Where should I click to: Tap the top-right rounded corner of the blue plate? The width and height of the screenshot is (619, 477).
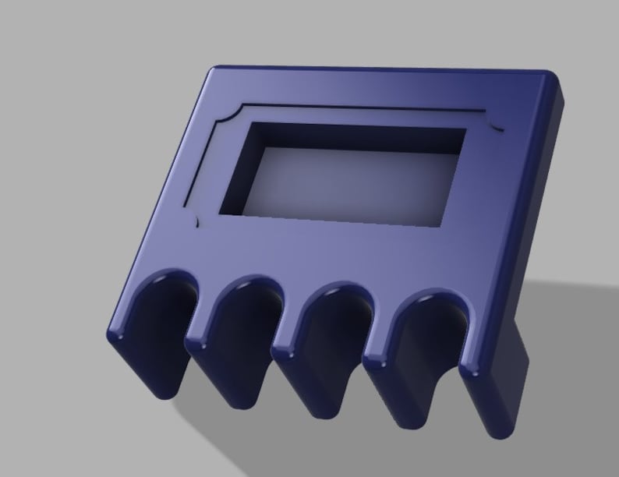tap(554, 78)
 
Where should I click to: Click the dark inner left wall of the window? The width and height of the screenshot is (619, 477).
tap(238, 171)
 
